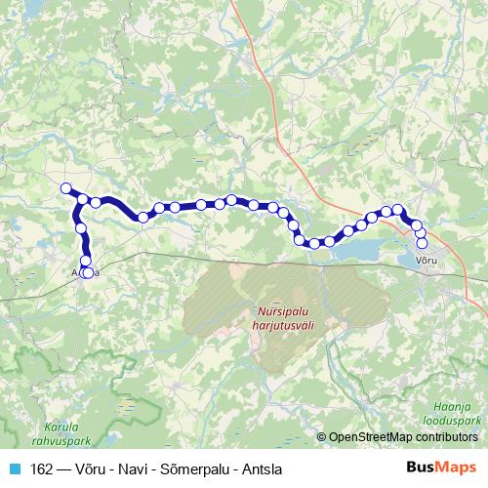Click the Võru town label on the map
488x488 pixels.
tap(427, 260)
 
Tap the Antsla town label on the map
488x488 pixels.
tap(85, 273)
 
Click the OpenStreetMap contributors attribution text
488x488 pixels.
tap(405, 437)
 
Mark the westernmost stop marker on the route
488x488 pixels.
tap(66, 188)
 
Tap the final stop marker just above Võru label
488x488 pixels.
tap(422, 243)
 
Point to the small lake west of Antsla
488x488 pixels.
tap(18, 230)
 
